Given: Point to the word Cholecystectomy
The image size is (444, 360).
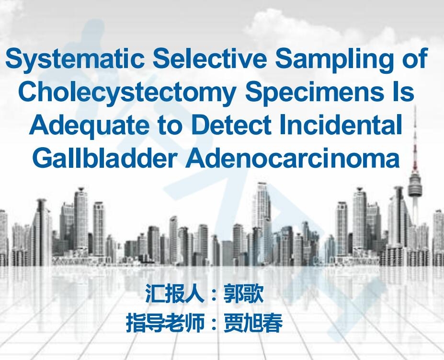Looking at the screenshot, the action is [x=127, y=92].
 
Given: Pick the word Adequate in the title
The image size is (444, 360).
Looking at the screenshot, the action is [x=89, y=125].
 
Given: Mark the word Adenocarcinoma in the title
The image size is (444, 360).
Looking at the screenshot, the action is [x=293, y=158].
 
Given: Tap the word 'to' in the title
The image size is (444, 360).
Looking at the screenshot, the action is [x=170, y=125].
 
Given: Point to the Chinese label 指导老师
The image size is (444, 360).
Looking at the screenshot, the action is [x=165, y=323].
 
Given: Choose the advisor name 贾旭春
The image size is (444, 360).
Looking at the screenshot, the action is [x=253, y=323].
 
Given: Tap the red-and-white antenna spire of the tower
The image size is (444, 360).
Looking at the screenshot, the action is [x=415, y=139].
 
